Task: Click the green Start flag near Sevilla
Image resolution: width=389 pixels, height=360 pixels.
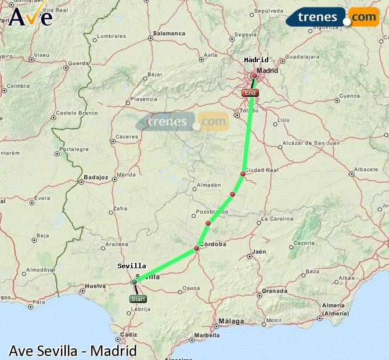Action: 138,299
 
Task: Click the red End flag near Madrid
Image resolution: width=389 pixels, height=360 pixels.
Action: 250,93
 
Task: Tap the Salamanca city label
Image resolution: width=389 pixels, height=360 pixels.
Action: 169,34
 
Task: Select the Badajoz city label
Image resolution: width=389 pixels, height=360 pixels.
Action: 96,177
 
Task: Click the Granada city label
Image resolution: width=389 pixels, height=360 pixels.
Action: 275,291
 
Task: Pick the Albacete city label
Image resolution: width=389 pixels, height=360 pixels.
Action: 366,169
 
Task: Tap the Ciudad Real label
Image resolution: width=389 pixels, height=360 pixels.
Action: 262,170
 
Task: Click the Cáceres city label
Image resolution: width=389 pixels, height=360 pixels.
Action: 127,137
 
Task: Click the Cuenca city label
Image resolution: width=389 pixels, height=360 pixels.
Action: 350,96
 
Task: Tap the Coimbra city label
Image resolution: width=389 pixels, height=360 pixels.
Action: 17,86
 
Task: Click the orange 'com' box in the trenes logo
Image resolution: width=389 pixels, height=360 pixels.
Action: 363,17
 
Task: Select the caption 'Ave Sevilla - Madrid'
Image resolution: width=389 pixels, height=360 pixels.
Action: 73,351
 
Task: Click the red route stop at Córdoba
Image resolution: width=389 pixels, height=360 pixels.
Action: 196,249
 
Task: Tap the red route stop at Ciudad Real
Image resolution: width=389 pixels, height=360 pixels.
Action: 243,174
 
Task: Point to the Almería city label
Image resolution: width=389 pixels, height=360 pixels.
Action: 333,305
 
